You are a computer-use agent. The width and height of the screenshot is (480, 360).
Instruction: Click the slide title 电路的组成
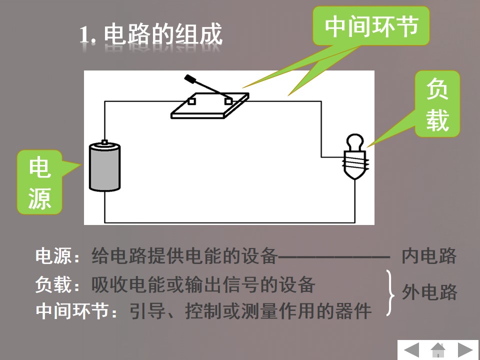pos(163,34)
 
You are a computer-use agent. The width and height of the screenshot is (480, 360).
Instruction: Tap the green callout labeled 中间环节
pos(371,26)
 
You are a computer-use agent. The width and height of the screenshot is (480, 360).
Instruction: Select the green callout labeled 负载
pos(437,104)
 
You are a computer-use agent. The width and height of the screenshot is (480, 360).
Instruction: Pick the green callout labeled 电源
pos(39,182)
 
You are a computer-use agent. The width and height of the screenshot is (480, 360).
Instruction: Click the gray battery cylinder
pos(104,167)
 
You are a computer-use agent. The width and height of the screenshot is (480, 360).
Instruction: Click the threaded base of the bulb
pos(355,165)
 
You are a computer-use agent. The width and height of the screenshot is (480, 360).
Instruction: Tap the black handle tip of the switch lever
pos(190,79)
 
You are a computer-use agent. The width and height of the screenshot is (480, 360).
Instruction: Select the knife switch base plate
pos(209,105)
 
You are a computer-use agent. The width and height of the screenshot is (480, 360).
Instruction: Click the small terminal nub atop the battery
pos(104,141)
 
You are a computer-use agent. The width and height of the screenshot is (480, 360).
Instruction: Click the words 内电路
pos(429,256)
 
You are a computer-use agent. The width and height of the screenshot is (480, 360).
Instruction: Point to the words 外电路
pos(429,292)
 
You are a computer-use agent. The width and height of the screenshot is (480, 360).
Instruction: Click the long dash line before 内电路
pos(333,257)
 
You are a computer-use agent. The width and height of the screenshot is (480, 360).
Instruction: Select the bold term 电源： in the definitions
pos(57,256)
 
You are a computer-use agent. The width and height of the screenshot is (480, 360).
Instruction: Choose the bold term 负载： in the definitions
pos(57,284)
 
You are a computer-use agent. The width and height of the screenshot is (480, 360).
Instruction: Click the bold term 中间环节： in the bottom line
pos(76,311)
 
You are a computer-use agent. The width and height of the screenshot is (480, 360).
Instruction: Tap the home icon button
pos(438,350)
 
